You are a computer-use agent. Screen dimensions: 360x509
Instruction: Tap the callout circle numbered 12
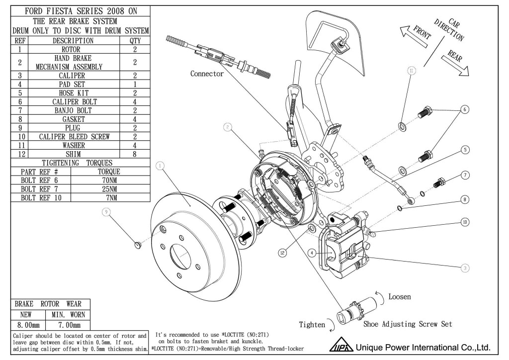[x=283, y=253]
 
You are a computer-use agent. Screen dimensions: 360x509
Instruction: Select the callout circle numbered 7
[x=465, y=175]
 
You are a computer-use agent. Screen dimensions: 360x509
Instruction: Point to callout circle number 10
[x=465, y=222]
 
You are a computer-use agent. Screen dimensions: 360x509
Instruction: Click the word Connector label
[x=207, y=74]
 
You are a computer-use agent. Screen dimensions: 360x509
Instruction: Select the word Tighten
[x=312, y=325]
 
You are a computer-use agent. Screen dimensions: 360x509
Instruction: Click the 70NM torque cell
[x=110, y=180]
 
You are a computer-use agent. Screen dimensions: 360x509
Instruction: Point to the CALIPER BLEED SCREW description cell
[x=74, y=136]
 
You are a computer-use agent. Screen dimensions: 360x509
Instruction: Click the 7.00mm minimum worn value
[x=69, y=325]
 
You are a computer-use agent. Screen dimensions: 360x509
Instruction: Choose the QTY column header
[x=135, y=41]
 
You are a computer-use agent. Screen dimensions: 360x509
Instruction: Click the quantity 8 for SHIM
[x=135, y=154]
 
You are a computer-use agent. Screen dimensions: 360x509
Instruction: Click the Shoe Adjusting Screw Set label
[x=408, y=324]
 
